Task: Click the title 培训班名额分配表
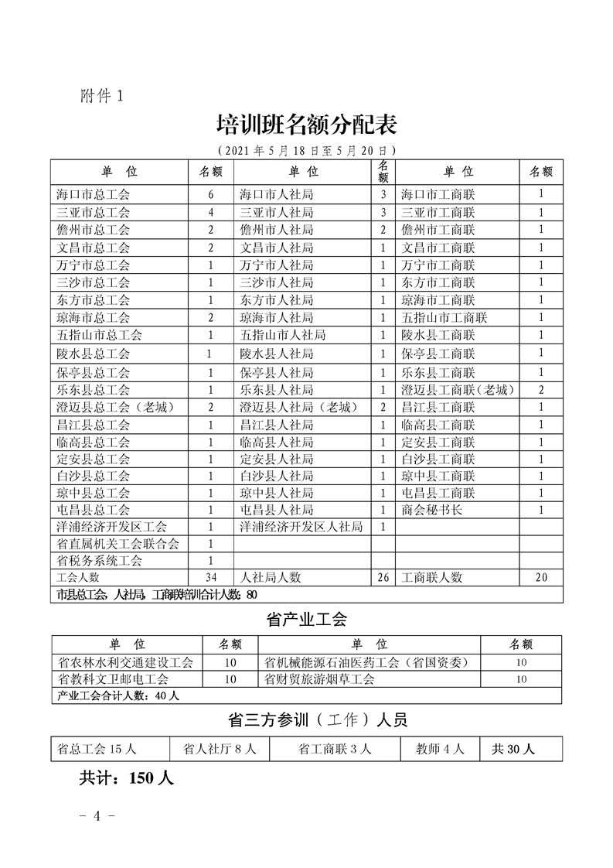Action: point(306,124)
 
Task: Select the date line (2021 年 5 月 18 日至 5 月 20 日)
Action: point(306,149)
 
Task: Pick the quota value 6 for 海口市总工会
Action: point(209,194)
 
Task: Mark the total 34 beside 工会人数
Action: point(209,577)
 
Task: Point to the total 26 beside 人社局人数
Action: point(383,577)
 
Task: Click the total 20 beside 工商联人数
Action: point(541,577)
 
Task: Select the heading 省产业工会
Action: point(306,619)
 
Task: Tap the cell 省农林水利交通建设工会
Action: point(125,662)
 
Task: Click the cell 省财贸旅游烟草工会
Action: point(318,679)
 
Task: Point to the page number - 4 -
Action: point(98,815)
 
